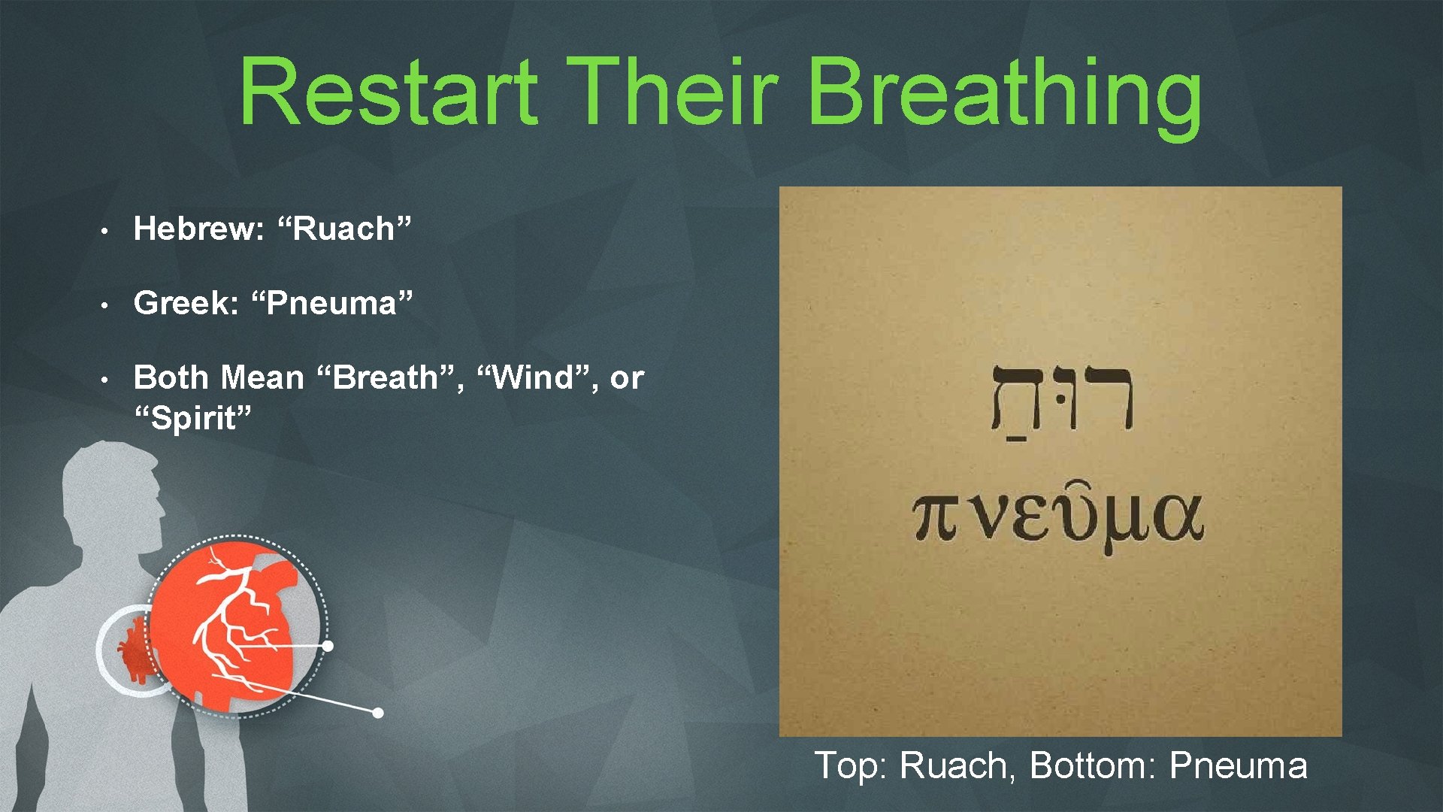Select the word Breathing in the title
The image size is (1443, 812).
pyautogui.click(x=1005, y=94)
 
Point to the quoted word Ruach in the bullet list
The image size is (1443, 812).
pyautogui.click(x=344, y=229)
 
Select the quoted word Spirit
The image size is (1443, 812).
pyautogui.click(x=192, y=418)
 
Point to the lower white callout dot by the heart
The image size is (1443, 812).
pyautogui.click(x=379, y=712)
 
